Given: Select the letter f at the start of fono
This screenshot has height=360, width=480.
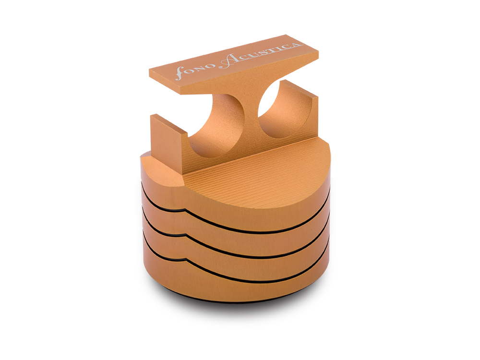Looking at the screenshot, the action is [180, 73].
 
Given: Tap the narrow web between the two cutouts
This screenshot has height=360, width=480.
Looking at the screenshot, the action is [252, 116].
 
